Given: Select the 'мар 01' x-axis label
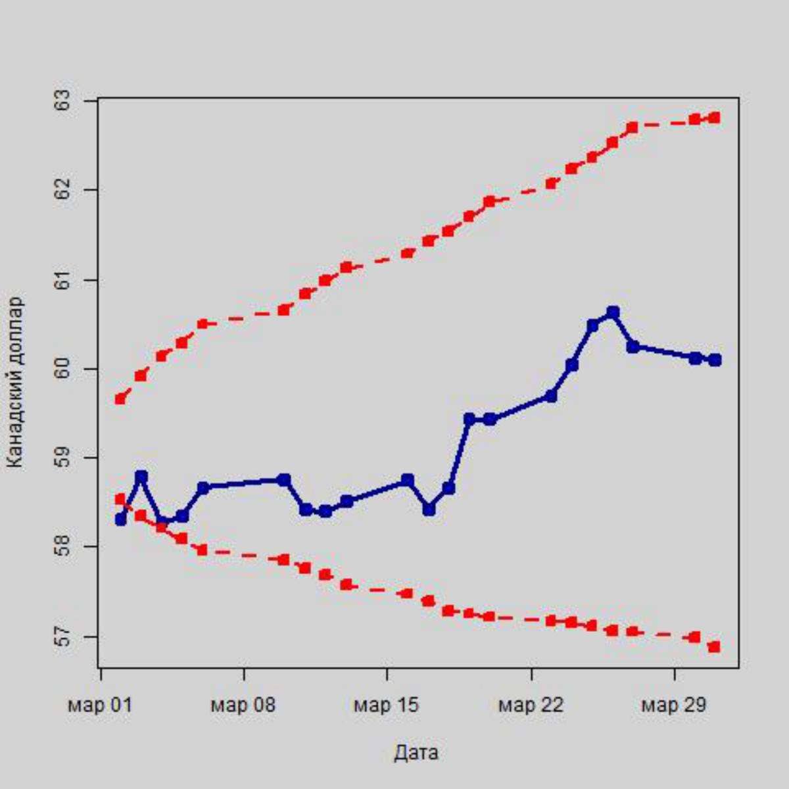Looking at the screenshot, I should pos(100,705).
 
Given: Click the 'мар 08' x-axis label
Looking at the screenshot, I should pos(243,705).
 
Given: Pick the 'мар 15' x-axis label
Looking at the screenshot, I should pos(387,705).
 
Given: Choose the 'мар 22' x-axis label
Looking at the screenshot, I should pos(531,705).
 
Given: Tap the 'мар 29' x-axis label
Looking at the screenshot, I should pos(674,705).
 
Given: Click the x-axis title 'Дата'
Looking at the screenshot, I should pos(416,752).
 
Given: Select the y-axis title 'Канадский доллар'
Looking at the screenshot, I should pos(16,383).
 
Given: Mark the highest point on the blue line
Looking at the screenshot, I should pos(613,312).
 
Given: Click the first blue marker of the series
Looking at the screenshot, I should pos(120,519).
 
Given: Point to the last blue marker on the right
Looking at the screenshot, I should pos(715,360).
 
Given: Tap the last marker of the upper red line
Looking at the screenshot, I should pos(715,118).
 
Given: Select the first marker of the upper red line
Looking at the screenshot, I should pos(120,398).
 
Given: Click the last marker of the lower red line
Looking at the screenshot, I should pos(715,647).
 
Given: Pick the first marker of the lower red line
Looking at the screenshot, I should pos(120,499).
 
